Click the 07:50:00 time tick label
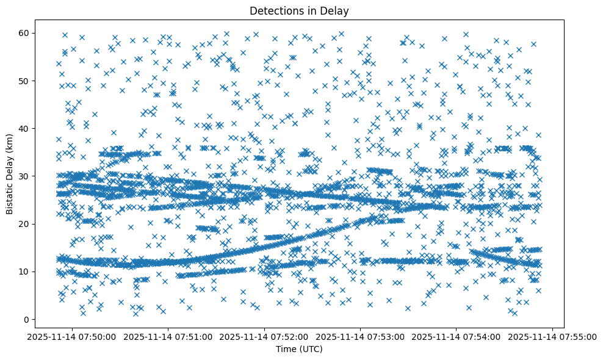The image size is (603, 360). (x=73, y=336)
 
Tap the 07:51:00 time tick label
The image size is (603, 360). (x=169, y=336)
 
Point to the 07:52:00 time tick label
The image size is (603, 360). (x=265, y=336)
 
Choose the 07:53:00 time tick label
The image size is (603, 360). (x=361, y=336)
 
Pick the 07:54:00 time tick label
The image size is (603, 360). (x=457, y=336)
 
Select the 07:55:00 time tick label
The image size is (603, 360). (x=552, y=336)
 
